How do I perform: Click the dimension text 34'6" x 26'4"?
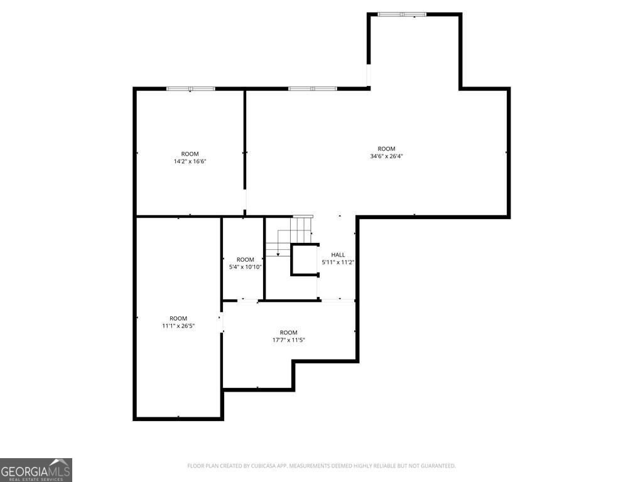pyautogui.click(x=386, y=156)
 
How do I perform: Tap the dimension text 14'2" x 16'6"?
pyautogui.click(x=190, y=161)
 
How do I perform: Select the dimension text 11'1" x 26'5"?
pyautogui.click(x=178, y=326)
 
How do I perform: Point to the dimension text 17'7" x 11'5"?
pyautogui.click(x=288, y=340)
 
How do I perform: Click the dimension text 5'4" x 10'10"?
pyautogui.click(x=245, y=267)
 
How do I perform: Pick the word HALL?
pyautogui.click(x=338, y=255)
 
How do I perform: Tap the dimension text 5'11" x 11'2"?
pyautogui.click(x=338, y=262)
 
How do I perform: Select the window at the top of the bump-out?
pyautogui.click(x=402, y=14)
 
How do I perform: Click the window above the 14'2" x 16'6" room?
pyautogui.click(x=191, y=88)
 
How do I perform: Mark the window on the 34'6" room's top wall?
pyautogui.click(x=313, y=88)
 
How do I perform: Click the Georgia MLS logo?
pyautogui.click(x=36, y=469)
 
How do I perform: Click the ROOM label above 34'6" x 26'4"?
pyautogui.click(x=386, y=149)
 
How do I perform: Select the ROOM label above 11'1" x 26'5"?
pyautogui.click(x=178, y=318)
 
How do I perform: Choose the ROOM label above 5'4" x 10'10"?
pyautogui.click(x=245, y=259)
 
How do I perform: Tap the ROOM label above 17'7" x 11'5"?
pyautogui.click(x=288, y=333)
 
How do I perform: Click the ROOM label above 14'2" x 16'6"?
pyautogui.click(x=190, y=154)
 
